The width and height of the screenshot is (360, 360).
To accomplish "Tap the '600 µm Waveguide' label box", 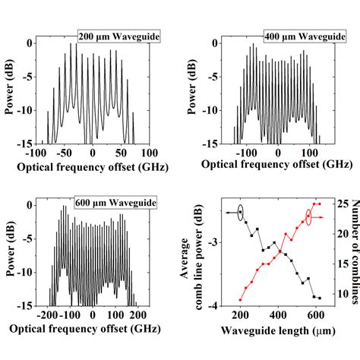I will click(x=115, y=203).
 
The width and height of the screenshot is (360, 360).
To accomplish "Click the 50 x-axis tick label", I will click(x=122, y=152).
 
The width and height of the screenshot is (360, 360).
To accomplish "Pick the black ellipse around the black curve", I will click(x=241, y=213).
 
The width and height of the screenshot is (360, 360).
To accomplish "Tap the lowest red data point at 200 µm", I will click(x=240, y=300).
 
